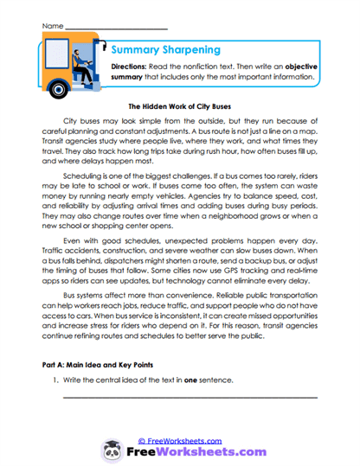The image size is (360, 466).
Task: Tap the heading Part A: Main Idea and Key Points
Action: (x=99, y=366)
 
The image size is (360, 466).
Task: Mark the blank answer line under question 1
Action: (x=190, y=397)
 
